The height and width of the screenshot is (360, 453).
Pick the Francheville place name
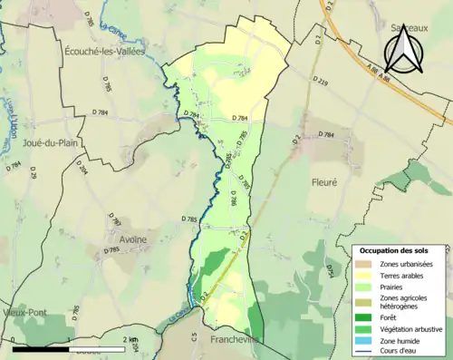[234, 340]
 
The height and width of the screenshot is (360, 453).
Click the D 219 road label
[320, 81]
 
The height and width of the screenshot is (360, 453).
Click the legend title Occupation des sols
[400, 249]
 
